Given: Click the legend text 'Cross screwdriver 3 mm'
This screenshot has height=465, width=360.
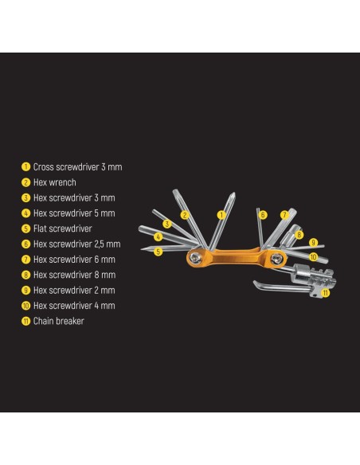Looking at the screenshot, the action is pyautogui.click(x=77, y=167).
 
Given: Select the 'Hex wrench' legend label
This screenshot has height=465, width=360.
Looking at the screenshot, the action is pyautogui.click(x=55, y=182).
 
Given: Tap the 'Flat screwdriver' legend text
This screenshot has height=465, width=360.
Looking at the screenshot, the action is pyautogui.click(x=63, y=229).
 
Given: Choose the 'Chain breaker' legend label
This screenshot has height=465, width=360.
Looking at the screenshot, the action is pyautogui.click(x=59, y=321).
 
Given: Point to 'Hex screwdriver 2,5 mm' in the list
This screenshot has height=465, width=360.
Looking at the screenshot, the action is pyautogui.click(x=76, y=244).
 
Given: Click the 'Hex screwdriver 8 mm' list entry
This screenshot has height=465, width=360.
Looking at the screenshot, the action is pyautogui.click(x=74, y=275).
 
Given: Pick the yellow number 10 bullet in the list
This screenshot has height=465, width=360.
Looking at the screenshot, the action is pyautogui.click(x=25, y=306).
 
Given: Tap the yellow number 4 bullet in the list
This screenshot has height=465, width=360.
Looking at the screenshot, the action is pyautogui.click(x=25, y=213).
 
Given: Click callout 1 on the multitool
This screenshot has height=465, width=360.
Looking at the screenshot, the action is pyautogui.click(x=221, y=215).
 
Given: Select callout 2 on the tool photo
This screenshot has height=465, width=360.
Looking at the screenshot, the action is pyautogui.click(x=185, y=215).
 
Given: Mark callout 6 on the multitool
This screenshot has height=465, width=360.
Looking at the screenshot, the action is pyautogui.click(x=263, y=215).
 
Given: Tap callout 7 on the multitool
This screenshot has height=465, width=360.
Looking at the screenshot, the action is pyautogui.click(x=284, y=214).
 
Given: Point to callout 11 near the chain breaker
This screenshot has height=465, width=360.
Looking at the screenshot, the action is pyautogui.click(x=326, y=293).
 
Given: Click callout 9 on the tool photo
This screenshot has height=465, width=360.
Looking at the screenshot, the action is pyautogui.click(x=314, y=242).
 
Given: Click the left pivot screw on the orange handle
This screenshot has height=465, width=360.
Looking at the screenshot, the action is pyautogui.click(x=195, y=258).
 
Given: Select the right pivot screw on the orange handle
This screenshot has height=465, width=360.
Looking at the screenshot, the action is pyautogui.click(x=277, y=259).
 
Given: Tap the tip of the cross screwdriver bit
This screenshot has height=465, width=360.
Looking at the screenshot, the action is pyautogui.click(x=234, y=193).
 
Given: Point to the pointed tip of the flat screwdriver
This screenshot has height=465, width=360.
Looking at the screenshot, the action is pyautogui.click(x=142, y=249).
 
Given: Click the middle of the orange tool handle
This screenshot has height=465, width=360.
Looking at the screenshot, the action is pyautogui.click(x=237, y=257).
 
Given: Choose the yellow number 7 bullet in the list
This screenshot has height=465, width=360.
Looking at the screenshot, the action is pyautogui.click(x=25, y=260).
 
